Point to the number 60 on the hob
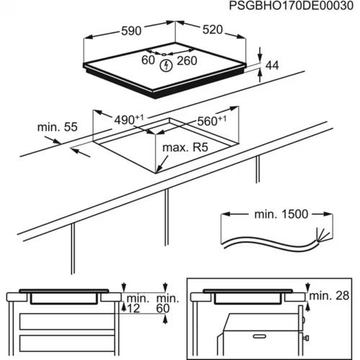coord(148,61)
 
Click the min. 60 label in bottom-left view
coord(167,303)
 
